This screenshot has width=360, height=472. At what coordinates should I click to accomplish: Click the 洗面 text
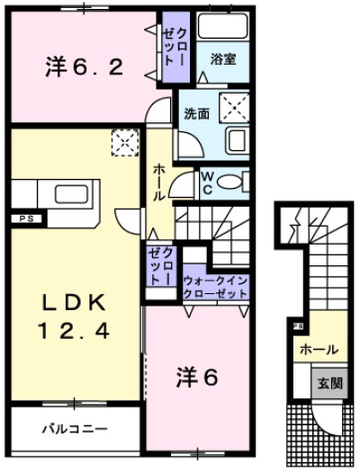tap(196, 114)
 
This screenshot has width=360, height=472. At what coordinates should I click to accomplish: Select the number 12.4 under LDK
tap(74, 330)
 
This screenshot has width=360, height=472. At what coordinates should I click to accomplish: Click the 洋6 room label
tap(196, 378)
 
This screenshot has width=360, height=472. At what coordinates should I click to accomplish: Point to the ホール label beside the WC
tap(159, 184)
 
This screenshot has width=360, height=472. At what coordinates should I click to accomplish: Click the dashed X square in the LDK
tap(123, 140)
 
